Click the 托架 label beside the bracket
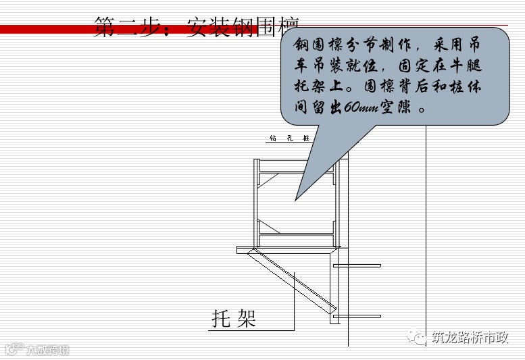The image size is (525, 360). point(234,318)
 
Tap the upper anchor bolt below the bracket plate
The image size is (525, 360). point(357,265)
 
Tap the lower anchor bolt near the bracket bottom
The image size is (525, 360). point(357,316)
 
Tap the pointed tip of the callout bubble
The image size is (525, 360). point(295,199)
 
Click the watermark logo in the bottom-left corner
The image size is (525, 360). point(37,349)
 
